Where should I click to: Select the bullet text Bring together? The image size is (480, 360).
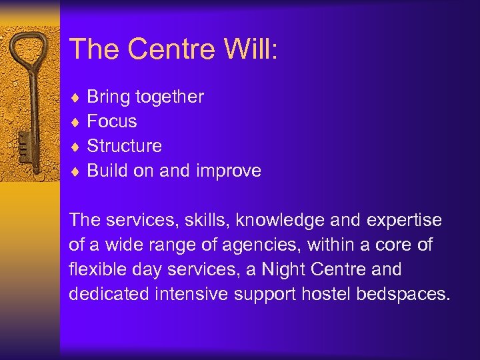pos(145,97)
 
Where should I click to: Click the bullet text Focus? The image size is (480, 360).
pos(112,121)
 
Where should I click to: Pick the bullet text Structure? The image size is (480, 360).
pos(124,146)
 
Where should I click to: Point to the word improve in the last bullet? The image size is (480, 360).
pos(229,171)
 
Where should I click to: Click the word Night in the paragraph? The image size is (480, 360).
pos(283,270)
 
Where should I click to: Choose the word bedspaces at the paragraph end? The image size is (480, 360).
pos(402,295)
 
